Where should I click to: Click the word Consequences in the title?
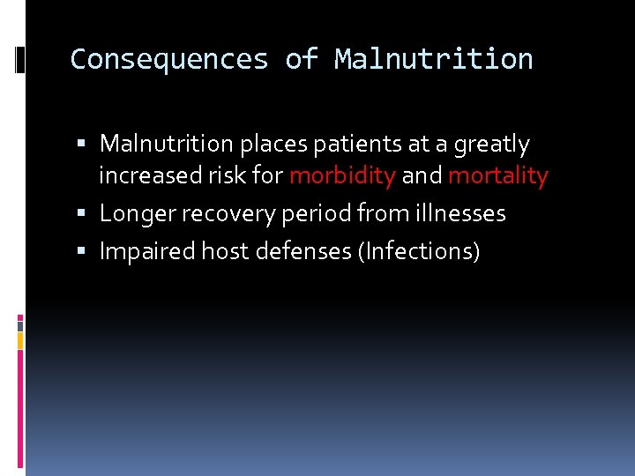168,59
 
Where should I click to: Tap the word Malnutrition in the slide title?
433,59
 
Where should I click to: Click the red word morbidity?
342,175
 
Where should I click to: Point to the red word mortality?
498,175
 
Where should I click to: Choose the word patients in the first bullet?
344,144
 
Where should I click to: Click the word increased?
146,175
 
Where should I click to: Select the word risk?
227,175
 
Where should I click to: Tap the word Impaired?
147,251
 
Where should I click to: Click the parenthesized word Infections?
419,252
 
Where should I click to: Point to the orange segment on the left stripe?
20,338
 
